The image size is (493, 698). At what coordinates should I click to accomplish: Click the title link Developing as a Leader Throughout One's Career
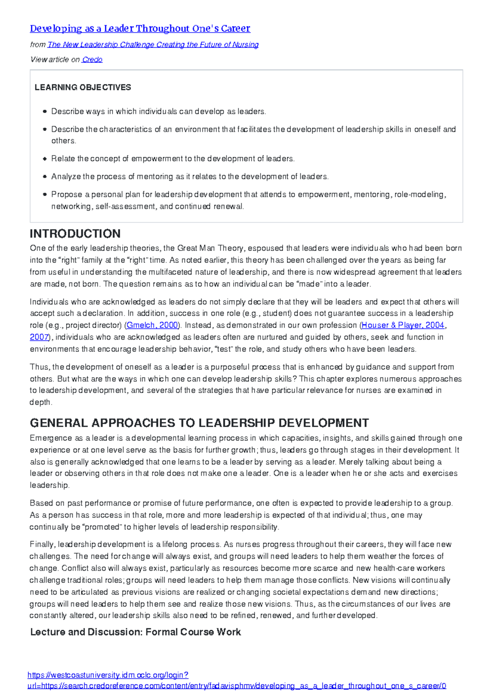click(x=140, y=28)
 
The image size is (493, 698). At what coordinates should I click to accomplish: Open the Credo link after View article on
click(x=92, y=60)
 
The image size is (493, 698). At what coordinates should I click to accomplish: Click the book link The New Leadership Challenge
click(x=153, y=45)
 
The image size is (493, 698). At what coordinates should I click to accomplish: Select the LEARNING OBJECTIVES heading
click(x=83, y=87)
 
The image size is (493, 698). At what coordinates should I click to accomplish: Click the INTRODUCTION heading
click(x=75, y=233)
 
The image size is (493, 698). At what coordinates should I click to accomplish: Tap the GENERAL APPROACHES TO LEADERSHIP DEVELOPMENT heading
click(x=199, y=423)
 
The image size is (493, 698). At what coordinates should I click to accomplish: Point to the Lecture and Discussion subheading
click(x=135, y=632)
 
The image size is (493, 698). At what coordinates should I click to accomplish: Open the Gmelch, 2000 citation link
click(x=152, y=325)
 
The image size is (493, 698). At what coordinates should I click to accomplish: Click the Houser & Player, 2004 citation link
click(x=403, y=325)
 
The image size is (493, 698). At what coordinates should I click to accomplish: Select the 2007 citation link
click(x=39, y=337)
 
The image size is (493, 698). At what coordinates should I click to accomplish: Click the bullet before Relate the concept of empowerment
click(x=45, y=159)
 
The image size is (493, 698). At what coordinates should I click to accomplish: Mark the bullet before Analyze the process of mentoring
click(x=45, y=177)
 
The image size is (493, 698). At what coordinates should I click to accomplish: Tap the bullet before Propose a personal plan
click(x=45, y=194)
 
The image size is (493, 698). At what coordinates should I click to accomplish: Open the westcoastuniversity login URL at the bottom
click(x=108, y=675)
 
